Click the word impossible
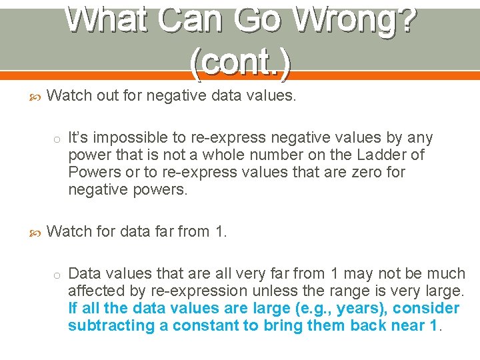(123, 138)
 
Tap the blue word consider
(427, 309)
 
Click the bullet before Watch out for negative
(37, 97)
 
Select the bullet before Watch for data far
(37, 233)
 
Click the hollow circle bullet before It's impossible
(58, 139)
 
